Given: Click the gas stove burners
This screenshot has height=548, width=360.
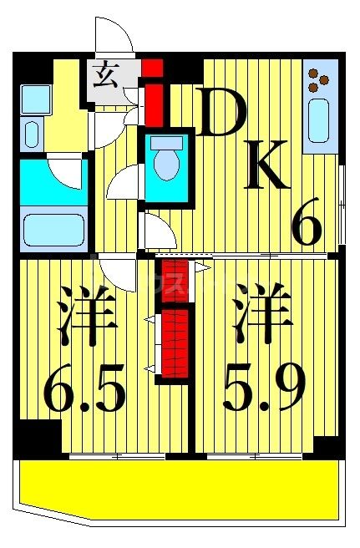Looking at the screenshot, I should [x=318, y=79].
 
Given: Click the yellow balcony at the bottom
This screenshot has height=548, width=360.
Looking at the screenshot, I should [x=180, y=489].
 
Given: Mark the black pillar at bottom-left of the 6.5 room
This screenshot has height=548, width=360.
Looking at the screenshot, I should [x=38, y=439].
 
